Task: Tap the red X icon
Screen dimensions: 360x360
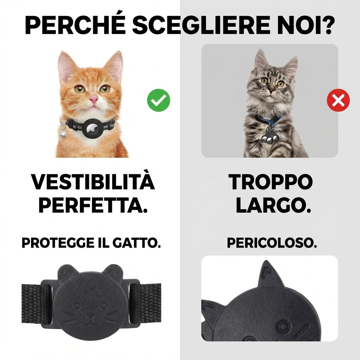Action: click(338, 101)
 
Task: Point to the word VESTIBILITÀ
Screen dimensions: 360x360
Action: click(93, 182)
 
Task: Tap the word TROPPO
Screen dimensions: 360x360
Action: click(270, 182)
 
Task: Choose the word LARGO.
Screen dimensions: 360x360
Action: click(274, 207)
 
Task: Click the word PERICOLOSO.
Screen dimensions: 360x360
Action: click(272, 243)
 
